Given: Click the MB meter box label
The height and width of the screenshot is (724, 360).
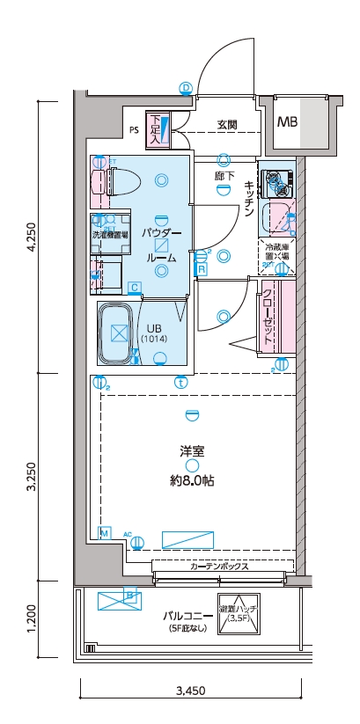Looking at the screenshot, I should pos(288,122).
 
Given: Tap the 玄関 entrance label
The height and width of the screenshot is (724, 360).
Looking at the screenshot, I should pos(227,125).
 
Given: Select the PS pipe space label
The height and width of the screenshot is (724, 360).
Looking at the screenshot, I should pos(134,130).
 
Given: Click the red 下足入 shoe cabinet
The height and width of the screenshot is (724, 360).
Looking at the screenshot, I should pos(156,128).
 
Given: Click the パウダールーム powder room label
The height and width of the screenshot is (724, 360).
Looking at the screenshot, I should pos(161,245).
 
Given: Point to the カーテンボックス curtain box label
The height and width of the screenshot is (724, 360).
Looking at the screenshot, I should pos(219,567).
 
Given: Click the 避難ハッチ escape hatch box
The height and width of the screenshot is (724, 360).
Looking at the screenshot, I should pos(239,613).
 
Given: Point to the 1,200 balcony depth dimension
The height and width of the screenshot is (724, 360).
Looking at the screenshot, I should pos(31,619).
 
